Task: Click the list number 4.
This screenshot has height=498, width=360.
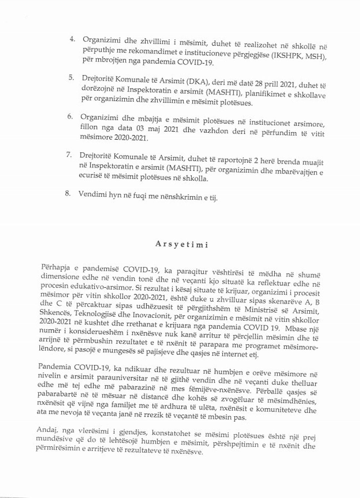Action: [x=72, y=39]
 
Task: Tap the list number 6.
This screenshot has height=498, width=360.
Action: [x=70, y=117]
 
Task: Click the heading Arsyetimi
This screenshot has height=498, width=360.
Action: [x=181, y=244]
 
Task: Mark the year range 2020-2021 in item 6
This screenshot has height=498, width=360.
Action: [x=132, y=139]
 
